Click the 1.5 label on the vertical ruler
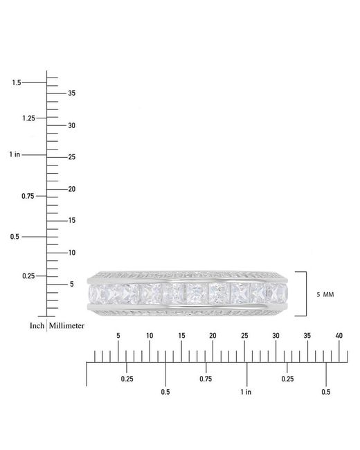click(17, 82)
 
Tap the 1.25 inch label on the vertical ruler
click(28, 118)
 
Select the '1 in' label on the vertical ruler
click(15, 154)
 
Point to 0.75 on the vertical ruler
click(28, 197)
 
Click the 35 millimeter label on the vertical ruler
click(72, 93)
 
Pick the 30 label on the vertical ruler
click(72, 126)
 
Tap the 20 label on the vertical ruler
click(72, 189)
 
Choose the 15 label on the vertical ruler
click(72, 220)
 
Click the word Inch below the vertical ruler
click(37, 326)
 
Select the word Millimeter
click(66, 326)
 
